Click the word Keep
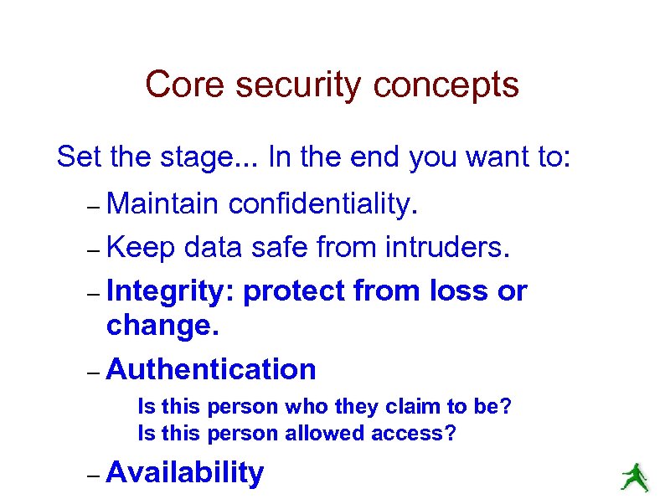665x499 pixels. click(x=141, y=247)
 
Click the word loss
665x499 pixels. click(x=460, y=291)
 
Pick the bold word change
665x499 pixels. click(x=162, y=325)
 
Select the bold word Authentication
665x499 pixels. click(x=212, y=368)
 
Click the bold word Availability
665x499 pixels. click(x=185, y=473)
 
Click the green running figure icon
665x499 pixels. click(x=634, y=477)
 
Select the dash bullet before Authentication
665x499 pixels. click(x=94, y=371)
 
